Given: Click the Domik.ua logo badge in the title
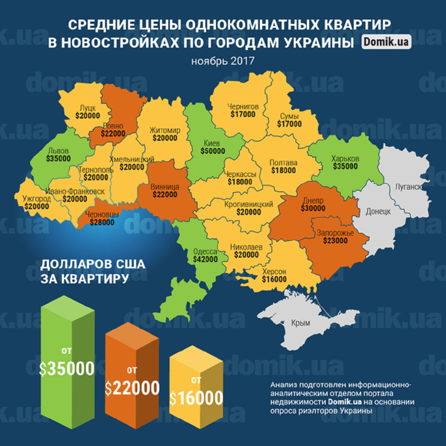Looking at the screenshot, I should (386, 42).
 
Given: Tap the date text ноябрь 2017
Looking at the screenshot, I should (223, 61).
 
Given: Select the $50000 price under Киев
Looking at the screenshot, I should (213, 151).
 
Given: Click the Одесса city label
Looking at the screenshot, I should (205, 252).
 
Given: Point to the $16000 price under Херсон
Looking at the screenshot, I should (274, 279).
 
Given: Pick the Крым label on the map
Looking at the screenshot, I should (301, 323).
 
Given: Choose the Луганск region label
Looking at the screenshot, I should (408, 187).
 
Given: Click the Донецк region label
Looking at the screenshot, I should (378, 211).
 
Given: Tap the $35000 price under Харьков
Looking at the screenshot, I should (345, 167).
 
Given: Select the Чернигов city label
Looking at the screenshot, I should (243, 107).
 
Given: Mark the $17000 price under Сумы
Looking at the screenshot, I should (289, 124).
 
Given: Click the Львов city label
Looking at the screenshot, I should (58, 151).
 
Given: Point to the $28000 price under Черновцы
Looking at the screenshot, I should (102, 223).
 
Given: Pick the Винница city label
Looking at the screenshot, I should (165, 187).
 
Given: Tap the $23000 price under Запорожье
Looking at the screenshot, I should (335, 241).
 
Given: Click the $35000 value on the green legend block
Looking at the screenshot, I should (67, 369).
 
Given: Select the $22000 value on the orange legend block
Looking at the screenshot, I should (132, 388).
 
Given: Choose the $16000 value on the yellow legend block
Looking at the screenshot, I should (196, 398).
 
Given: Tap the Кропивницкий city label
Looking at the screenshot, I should (249, 204).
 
